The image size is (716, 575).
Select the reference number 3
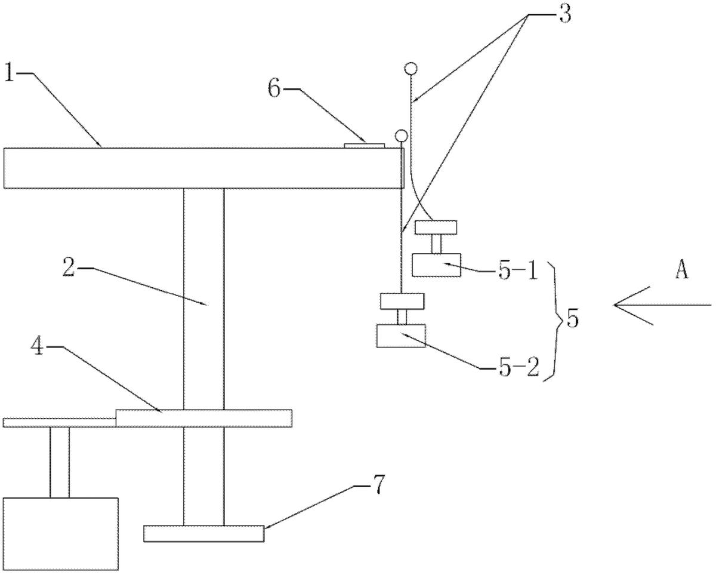click(x=563, y=14)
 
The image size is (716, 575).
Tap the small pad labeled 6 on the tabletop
click(x=366, y=144)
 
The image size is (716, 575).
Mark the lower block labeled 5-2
click(x=401, y=336)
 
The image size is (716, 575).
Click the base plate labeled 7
click(x=203, y=533)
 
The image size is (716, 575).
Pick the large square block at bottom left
click(x=61, y=533)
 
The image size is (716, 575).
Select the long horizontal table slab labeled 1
click(x=203, y=168)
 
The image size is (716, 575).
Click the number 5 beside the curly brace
click(x=572, y=320)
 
